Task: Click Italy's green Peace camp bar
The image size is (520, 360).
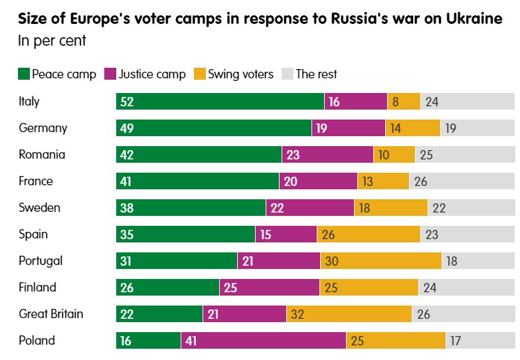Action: tap(220, 102)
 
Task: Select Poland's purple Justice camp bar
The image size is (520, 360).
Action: tap(264, 341)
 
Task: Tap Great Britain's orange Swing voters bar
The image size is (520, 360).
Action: tap(349, 314)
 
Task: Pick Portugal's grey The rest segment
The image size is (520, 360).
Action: tap(478, 261)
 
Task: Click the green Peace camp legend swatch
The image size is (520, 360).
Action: tap(24, 74)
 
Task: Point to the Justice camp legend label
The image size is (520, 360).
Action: tap(152, 74)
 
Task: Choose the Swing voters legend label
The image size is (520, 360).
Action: tap(240, 74)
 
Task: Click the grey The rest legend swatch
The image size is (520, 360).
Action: tap(288, 74)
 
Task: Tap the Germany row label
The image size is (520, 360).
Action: tap(43, 128)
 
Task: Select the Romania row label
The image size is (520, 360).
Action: tap(42, 155)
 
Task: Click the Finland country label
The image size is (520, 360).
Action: tap(37, 288)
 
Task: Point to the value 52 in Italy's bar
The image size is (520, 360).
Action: tap(127, 102)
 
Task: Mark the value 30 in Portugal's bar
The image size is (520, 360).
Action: tap(332, 261)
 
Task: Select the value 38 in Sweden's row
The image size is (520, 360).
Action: tap(127, 208)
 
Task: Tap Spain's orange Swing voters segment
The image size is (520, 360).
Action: tap(369, 234)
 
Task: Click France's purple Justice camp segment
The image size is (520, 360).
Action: tap(318, 181)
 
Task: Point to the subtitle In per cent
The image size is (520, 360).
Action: tap(52, 41)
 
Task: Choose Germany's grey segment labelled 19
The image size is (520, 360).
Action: tap(477, 128)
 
